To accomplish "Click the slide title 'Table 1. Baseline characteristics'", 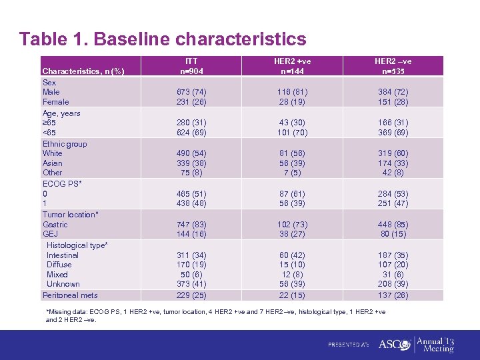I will [163, 39].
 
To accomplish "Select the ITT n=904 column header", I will [192, 66].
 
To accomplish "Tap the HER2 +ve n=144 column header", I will [293, 66].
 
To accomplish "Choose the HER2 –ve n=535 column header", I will [393, 66].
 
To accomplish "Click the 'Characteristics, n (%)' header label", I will [82, 71].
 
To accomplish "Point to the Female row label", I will [55, 102].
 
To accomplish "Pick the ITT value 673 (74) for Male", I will [192, 92].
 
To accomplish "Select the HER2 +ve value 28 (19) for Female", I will [293, 102].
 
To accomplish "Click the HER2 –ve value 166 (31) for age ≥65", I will [393, 123].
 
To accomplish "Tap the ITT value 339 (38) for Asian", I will [192, 163].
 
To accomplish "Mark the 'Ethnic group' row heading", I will [65, 144].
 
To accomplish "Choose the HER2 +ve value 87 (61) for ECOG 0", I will [293, 194].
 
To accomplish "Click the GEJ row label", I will [50, 234].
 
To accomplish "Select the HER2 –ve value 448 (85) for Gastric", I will [393, 225].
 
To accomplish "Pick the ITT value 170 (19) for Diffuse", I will [192, 265].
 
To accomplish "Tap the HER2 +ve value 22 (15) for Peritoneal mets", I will [293, 295].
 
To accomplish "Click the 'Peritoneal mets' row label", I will [70, 295].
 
